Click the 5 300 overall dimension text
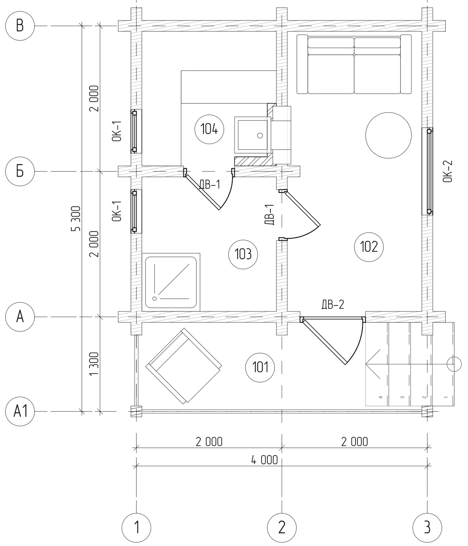76,219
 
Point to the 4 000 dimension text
264,460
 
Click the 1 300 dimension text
94,364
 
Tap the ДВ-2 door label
333,305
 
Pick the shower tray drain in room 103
155,298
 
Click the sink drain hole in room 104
260,135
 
